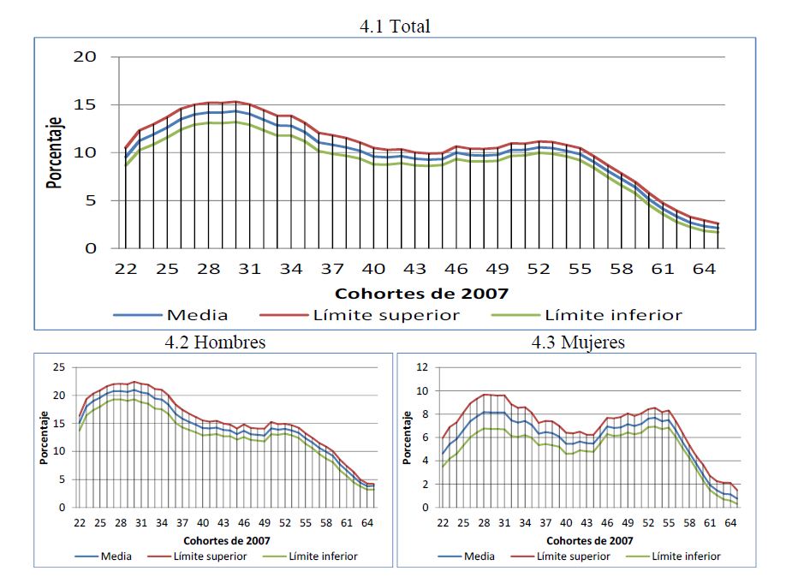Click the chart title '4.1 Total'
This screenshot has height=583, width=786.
[x=395, y=27]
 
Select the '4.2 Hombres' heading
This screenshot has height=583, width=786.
[x=215, y=342]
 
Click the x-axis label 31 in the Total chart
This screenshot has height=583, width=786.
[x=249, y=269]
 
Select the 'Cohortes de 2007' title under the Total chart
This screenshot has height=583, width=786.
[x=421, y=293]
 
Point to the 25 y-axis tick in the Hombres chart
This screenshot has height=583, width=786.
[x=59, y=367]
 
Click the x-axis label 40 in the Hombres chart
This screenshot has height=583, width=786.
[x=203, y=523]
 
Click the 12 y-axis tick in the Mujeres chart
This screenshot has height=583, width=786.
[x=421, y=367]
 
